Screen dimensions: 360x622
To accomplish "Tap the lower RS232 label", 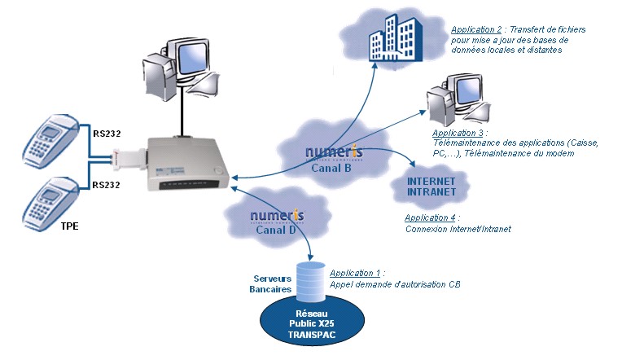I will (x=107, y=185).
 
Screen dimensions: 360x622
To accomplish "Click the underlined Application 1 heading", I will (x=356, y=274).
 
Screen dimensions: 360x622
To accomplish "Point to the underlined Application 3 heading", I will (x=458, y=132).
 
